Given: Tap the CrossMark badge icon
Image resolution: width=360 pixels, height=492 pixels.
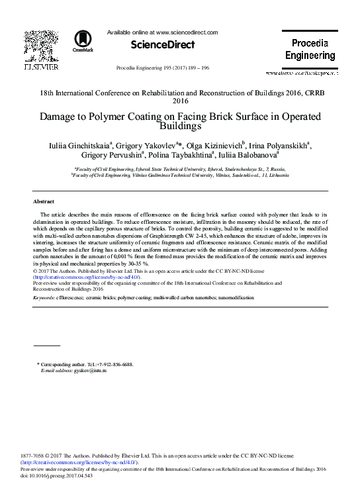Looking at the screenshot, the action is tap(83, 40).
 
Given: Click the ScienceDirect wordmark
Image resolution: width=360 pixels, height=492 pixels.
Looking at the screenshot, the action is tap(163, 45).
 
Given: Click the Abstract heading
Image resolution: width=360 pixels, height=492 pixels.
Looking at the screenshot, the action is tap(44, 201).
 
